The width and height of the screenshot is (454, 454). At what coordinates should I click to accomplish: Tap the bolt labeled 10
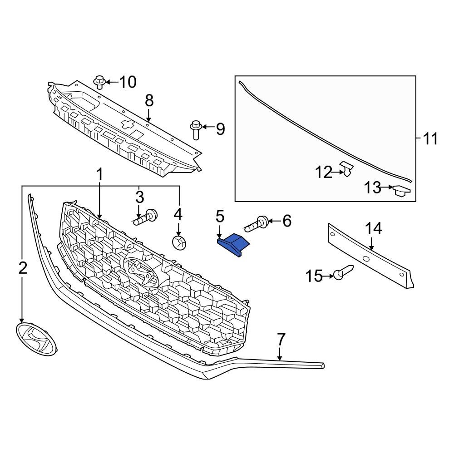(100, 82)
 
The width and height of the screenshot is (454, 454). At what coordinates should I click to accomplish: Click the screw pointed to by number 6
(257, 223)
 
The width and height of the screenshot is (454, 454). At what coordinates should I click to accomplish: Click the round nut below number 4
(179, 243)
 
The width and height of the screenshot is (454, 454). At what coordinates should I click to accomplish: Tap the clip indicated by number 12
(348, 169)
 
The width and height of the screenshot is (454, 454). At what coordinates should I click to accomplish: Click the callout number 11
(430, 138)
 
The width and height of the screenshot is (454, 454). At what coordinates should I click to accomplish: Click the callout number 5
(220, 216)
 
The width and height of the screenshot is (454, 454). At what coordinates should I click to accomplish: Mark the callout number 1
(99, 174)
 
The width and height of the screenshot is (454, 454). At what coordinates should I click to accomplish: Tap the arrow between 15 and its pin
(329, 275)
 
